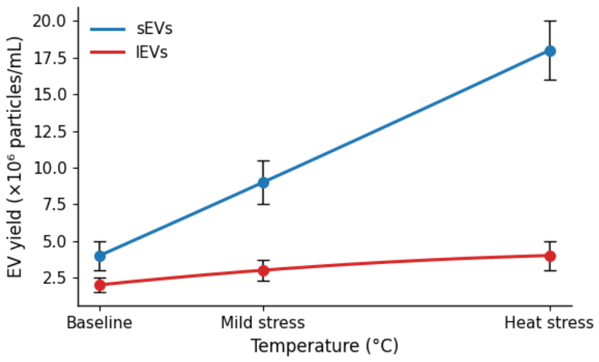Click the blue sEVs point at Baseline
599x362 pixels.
pyautogui.click(x=100, y=256)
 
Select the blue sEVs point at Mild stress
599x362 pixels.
pyautogui.click(x=263, y=183)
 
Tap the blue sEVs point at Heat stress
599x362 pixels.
pyautogui.click(x=550, y=51)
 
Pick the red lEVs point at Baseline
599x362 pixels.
pyautogui.click(x=100, y=285)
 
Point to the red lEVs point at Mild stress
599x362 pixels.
pyautogui.click(x=263, y=270)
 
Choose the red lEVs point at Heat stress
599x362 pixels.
pyautogui.click(x=550, y=256)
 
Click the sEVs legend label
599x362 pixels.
pyautogui.click(x=154, y=29)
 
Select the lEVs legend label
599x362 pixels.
pyautogui.click(x=152, y=52)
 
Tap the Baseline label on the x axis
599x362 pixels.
pyautogui.click(x=100, y=323)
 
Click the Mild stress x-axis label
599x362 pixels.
pyautogui.click(x=263, y=323)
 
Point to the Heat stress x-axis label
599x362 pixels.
pyautogui.click(x=549, y=323)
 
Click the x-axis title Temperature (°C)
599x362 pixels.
pyautogui.click(x=325, y=346)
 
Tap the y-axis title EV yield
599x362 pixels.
pyautogui.click(x=15, y=157)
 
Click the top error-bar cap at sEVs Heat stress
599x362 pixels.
pyautogui.click(x=550, y=21)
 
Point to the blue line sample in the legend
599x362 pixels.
pyautogui.click(x=108, y=30)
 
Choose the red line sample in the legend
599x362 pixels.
pyautogui.click(x=108, y=52)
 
